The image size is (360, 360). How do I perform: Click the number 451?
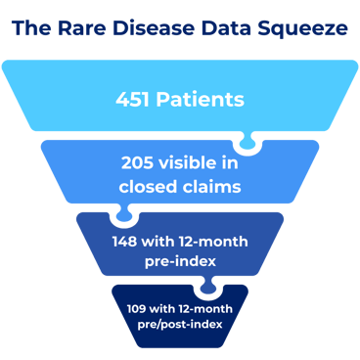136,99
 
